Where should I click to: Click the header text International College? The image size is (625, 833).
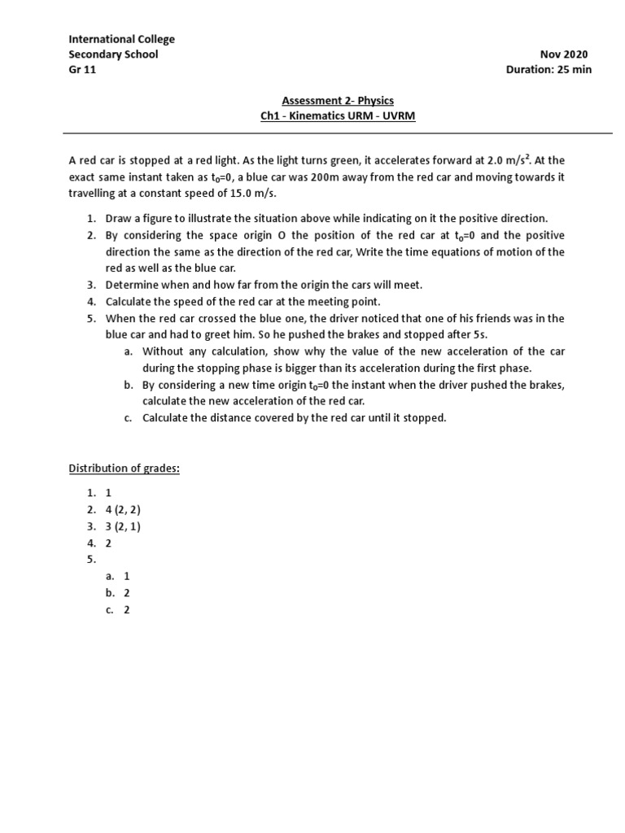pyautogui.click(x=121, y=39)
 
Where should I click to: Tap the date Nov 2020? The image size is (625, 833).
pyautogui.click(x=563, y=55)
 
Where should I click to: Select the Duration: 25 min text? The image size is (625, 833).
pyautogui.click(x=549, y=69)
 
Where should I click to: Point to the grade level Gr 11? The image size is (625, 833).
pyautogui.click(x=81, y=69)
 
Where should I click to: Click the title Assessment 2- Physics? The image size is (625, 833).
pyautogui.click(x=338, y=101)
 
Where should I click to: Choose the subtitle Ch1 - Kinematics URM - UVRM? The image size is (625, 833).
pyautogui.click(x=338, y=116)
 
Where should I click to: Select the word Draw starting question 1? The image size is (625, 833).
pyautogui.click(x=120, y=219)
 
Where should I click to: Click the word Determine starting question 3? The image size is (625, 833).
pyautogui.click(x=132, y=285)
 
